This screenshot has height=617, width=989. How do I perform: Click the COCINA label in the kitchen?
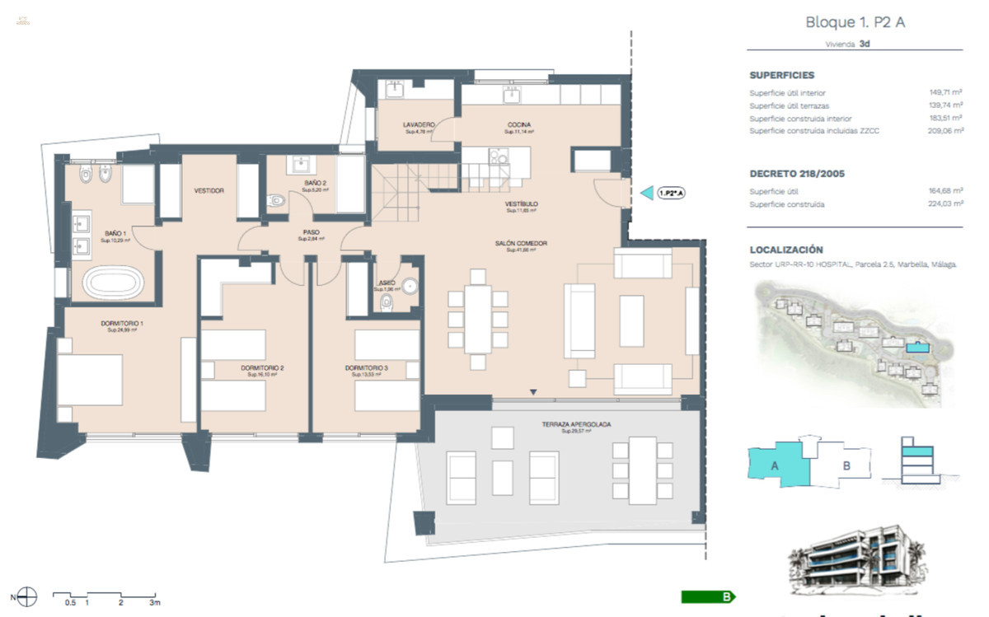519,125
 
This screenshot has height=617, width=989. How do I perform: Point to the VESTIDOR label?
209,190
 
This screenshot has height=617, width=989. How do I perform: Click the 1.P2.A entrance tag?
671,193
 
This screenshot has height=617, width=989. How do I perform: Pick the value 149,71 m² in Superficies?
946,93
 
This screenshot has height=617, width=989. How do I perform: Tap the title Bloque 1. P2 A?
855,22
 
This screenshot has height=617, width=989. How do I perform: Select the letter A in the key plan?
775,465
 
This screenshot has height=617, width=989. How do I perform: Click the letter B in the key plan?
846,465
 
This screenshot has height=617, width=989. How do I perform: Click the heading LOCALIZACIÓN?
786,250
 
